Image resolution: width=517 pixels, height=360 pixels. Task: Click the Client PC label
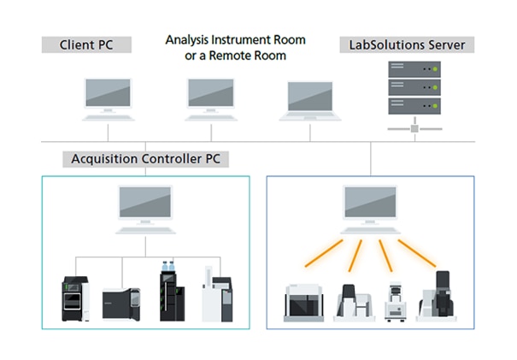pyautogui.click(x=89, y=44)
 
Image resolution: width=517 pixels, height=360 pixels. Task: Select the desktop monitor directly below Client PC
pyautogui.click(x=108, y=94)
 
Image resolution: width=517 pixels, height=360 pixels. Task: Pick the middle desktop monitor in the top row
pyautogui.click(x=210, y=94)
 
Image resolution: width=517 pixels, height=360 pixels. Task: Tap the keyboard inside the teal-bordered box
pyautogui.click(x=144, y=230)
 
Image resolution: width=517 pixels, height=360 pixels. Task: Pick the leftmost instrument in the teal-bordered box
pyautogui.click(x=74, y=299)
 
